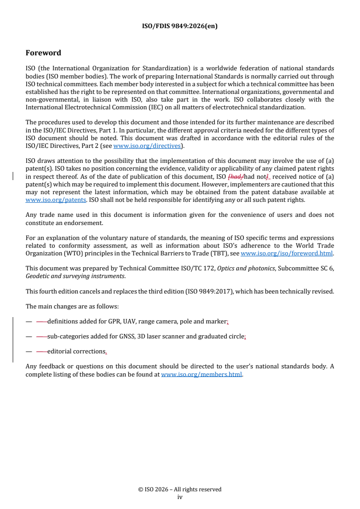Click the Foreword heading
click(43, 53)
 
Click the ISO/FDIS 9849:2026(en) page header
click(180, 26)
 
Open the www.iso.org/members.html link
click(202, 375)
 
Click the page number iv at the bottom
click(180, 497)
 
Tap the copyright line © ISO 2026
click(180, 489)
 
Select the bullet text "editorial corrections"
click(76, 352)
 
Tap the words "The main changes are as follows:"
click(72, 306)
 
